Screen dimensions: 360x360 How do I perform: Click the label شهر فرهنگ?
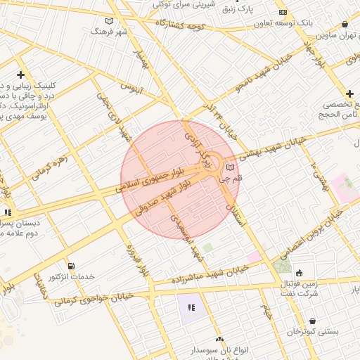(x=110, y=32)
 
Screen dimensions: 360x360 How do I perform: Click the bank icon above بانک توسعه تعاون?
(x=283, y=13)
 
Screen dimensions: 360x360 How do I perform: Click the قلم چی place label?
(x=231, y=180)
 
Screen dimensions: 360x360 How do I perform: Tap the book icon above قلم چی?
(x=231, y=167)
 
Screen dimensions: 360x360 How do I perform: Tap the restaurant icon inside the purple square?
(x=191, y=307)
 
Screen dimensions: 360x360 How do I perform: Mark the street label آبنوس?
(x=131, y=89)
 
